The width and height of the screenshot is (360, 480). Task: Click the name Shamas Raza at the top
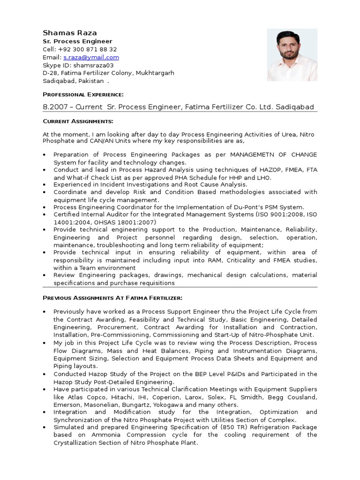[x=70, y=33]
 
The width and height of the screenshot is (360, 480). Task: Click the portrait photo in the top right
[x=292, y=55]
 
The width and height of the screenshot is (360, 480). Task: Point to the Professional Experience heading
[x=83, y=95]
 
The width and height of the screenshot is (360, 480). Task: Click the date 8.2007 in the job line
[x=54, y=107]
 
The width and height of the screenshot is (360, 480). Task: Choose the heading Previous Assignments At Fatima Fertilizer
[x=112, y=298]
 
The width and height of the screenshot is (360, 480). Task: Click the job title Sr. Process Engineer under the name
[x=77, y=41]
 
